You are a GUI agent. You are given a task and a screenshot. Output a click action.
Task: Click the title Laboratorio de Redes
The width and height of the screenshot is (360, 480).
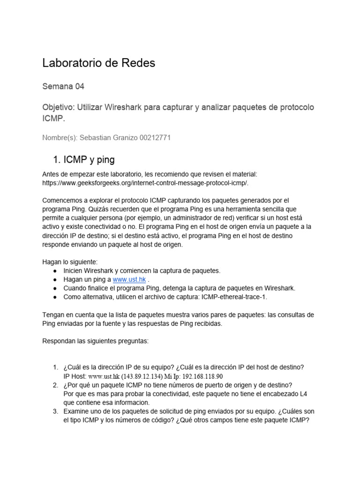coord(98,63)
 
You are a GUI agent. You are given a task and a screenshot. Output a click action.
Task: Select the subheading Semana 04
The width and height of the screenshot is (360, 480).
coord(63,87)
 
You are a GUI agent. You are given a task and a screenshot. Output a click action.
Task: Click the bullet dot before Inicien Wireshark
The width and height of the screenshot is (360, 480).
coord(55,271)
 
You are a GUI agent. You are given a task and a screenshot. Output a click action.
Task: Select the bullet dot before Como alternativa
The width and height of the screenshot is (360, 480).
coord(55,297)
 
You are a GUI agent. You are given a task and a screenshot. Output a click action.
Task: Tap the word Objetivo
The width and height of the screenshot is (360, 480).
coord(58,108)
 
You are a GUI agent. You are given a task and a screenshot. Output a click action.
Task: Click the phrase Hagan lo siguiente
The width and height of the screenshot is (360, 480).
coord(70,262)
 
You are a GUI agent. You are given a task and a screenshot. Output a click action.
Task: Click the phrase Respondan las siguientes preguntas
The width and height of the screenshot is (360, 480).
coord(95,341)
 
